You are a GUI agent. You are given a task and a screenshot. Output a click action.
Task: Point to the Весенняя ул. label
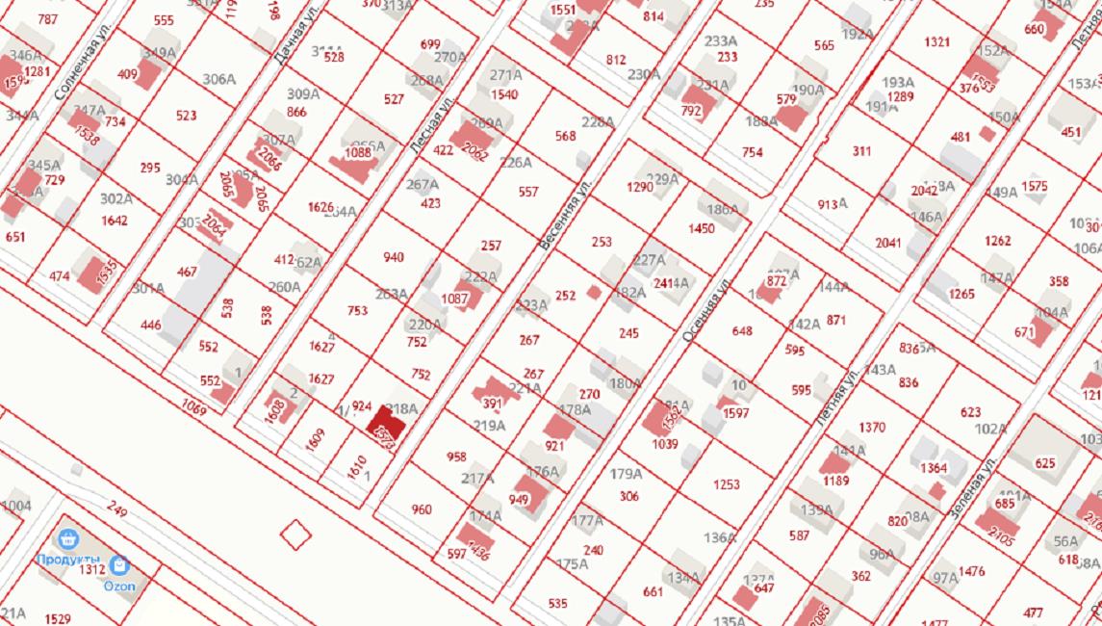560,220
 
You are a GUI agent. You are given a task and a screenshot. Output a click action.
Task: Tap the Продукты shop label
68,559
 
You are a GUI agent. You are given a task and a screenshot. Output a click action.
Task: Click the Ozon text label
119,586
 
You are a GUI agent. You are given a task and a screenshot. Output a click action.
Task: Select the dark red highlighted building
385,429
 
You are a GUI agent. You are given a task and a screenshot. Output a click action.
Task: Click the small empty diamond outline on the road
295,533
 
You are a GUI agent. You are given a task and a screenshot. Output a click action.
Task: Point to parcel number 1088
358,152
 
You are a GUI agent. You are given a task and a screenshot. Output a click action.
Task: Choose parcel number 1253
727,485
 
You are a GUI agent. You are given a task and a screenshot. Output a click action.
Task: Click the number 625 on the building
1045,463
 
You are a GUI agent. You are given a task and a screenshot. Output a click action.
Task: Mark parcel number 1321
936,42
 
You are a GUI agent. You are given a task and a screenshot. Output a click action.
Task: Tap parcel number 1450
702,228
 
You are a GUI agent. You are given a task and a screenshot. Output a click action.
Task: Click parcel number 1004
15,506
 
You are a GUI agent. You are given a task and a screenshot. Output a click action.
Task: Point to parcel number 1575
1035,186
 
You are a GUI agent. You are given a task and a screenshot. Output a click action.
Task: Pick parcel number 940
394,257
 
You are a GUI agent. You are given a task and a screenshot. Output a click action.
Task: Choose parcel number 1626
320,207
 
